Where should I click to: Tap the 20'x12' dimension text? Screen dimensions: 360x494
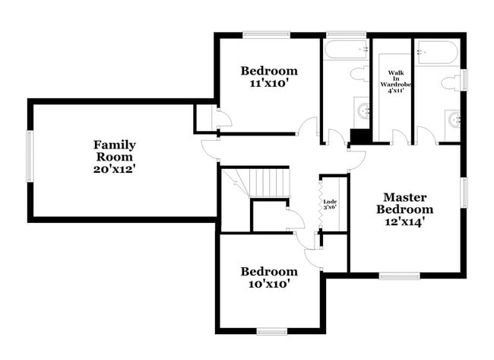(115, 169)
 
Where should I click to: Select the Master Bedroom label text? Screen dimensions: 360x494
(407, 202)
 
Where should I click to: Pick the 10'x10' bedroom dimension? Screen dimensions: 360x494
(269, 284)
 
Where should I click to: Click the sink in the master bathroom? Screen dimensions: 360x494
(454, 119)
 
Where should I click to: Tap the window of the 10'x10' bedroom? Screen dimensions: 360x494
(271, 331)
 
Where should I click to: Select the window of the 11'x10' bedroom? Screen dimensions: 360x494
(266, 34)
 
